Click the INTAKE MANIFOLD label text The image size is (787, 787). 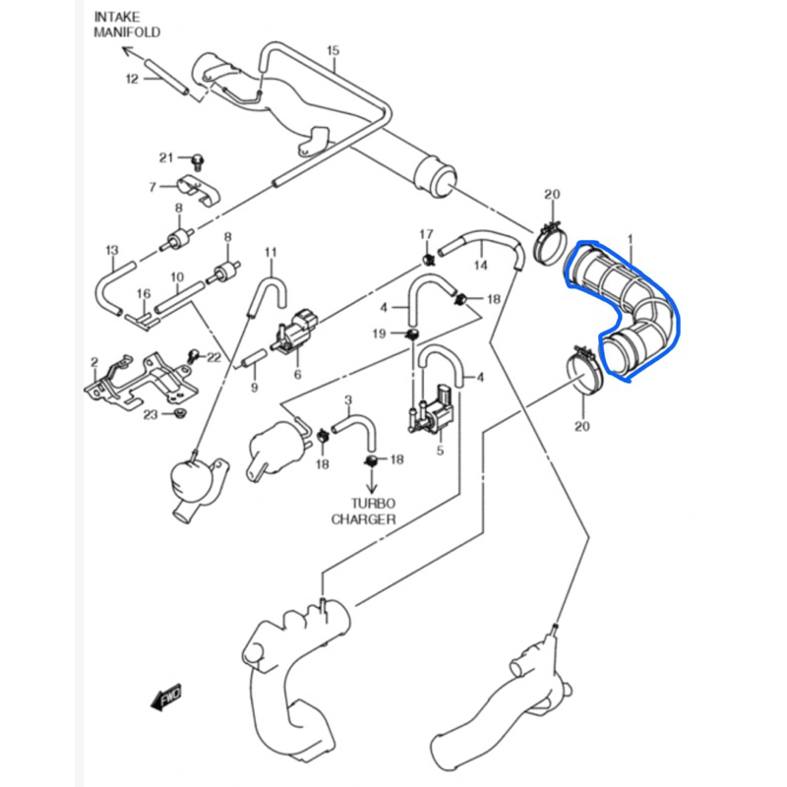pyautogui.click(x=127, y=25)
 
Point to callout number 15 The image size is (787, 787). pyautogui.click(x=332, y=50)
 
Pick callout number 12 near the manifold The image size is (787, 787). pyautogui.click(x=132, y=79)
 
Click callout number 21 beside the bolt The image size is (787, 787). pyautogui.click(x=166, y=157)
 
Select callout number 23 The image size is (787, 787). pyautogui.click(x=150, y=414)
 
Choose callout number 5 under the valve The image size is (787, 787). pyautogui.click(x=441, y=451)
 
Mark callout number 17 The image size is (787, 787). pyautogui.click(x=426, y=234)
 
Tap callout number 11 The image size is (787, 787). pyautogui.click(x=272, y=253)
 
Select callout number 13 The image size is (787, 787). pyautogui.click(x=111, y=250)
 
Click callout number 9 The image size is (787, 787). pyautogui.click(x=253, y=388)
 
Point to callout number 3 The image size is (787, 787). pyautogui.click(x=347, y=399)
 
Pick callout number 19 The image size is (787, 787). pyautogui.click(x=380, y=334)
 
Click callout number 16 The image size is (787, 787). pyautogui.click(x=143, y=293)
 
